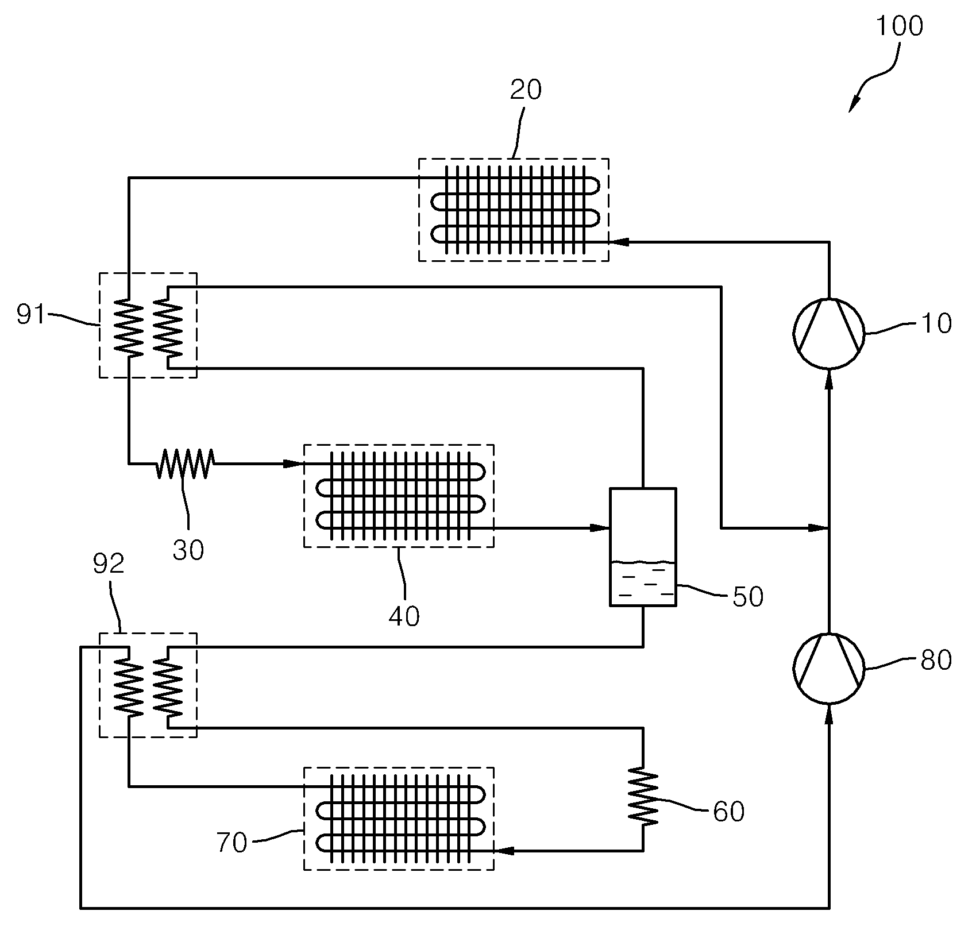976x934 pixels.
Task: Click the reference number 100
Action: [899, 26]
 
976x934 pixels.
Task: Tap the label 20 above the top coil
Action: [526, 90]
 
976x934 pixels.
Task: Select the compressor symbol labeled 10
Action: [828, 333]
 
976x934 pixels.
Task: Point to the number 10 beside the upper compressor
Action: [936, 324]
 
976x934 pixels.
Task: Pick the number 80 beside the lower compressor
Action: [936, 661]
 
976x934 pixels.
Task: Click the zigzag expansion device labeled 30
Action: [186, 464]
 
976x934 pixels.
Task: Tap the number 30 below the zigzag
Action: [188, 550]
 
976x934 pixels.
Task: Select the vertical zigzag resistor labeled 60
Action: [643, 797]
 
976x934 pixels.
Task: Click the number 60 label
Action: [728, 812]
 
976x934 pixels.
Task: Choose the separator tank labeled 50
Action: [643, 547]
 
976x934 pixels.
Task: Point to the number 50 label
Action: [748, 597]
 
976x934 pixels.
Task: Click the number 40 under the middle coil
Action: [404, 616]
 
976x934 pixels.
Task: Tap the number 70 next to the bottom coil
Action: [233, 843]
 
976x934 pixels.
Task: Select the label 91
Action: [31, 315]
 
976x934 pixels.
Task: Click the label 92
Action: [109, 564]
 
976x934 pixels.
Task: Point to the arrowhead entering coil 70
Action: [504, 850]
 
